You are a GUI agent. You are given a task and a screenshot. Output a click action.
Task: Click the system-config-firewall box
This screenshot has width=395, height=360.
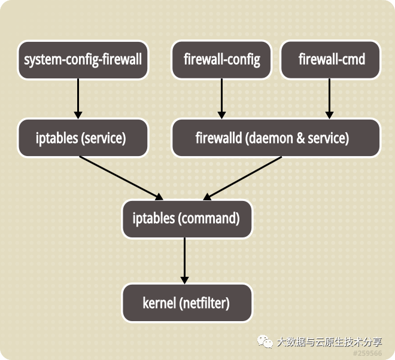pos(83,60)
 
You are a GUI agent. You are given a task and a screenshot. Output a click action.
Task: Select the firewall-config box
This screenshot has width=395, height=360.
pos(221,60)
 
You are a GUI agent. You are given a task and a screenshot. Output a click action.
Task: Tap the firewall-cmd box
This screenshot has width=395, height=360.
pos(330,60)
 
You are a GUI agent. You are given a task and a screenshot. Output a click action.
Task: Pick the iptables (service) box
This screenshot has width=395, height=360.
pos(83,138)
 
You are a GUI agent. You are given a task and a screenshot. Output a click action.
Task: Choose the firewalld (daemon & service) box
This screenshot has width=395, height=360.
pos(276,138)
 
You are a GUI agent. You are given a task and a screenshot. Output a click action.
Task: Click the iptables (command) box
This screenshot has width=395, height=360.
pos(186,218)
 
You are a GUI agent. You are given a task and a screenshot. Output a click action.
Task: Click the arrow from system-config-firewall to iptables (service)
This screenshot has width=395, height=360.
pos(78,99)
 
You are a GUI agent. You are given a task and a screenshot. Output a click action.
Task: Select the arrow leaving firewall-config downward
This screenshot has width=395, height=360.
pos(221,99)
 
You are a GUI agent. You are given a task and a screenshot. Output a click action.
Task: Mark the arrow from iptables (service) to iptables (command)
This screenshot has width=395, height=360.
pos(121,178)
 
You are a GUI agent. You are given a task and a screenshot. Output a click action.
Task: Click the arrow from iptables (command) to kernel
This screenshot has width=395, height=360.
pos(184,260)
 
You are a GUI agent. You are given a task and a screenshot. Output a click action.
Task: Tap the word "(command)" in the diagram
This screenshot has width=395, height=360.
pos(209,218)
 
